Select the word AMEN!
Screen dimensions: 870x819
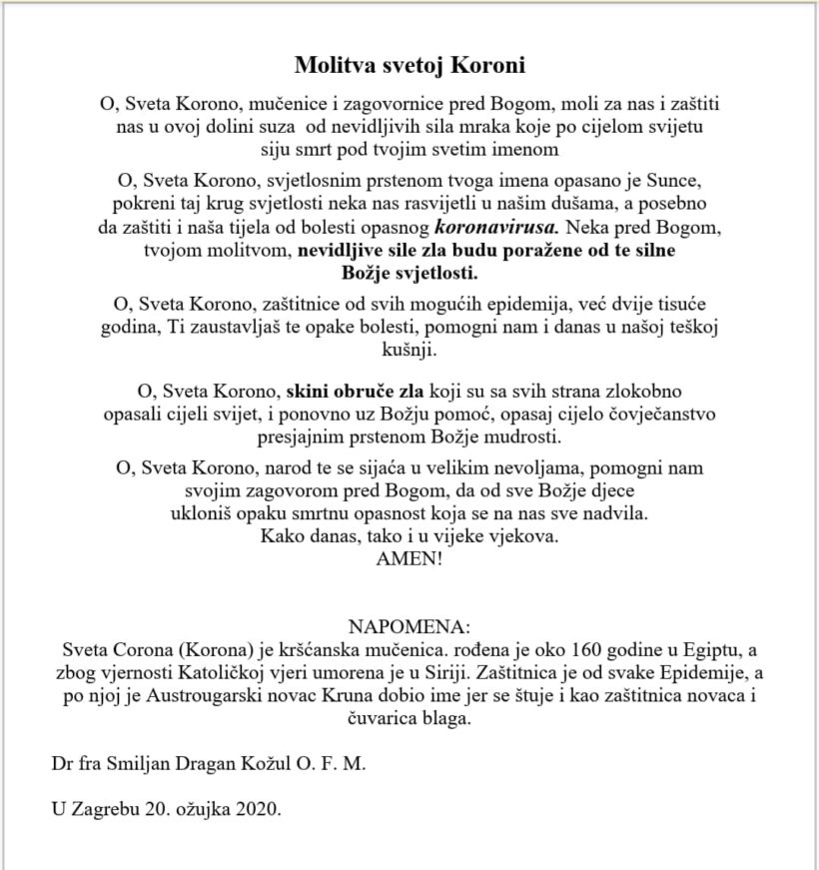pyautogui.click(x=409, y=558)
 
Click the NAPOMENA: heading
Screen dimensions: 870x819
pyautogui.click(x=409, y=626)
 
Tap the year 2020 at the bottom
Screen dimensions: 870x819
pyautogui.click(x=257, y=809)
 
